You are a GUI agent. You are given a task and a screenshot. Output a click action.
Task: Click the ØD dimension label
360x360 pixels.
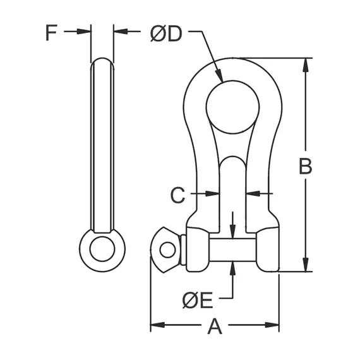165,33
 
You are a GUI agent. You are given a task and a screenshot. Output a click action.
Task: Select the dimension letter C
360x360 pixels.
178,195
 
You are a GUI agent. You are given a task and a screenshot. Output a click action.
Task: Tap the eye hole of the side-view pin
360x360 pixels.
102,248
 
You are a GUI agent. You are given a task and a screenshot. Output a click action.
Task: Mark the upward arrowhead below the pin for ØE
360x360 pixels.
233,266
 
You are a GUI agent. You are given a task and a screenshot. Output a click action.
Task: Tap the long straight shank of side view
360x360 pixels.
102,145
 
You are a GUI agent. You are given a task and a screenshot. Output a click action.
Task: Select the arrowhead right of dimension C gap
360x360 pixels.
251,193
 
